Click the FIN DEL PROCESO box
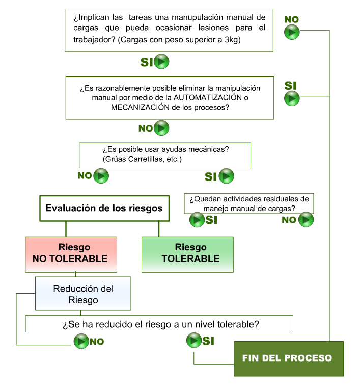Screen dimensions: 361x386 pos(289,358)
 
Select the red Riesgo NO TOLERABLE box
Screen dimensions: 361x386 pos(71,254)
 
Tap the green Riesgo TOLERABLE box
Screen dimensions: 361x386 pos(187,254)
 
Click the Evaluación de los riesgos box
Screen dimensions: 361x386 pos(104,208)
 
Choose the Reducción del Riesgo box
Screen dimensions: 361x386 pos(83,293)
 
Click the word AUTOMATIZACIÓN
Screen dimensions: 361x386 pos(208,98)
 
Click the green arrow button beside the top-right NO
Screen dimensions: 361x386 pos(292,32)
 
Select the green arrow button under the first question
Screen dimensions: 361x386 pos(161,61)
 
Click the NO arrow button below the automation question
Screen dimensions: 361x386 pos(161,128)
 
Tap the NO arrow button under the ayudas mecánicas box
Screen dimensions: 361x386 pos(101,176)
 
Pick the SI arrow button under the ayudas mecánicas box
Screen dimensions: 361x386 pos(227,176)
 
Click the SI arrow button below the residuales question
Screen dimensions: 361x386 pos(197,220)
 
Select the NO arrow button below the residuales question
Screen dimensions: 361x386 pos(306,220)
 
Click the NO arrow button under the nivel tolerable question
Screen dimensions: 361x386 pos(81,341)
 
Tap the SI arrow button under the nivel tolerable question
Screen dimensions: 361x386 pos(194,340)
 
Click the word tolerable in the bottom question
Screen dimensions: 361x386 pos(236,324)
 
